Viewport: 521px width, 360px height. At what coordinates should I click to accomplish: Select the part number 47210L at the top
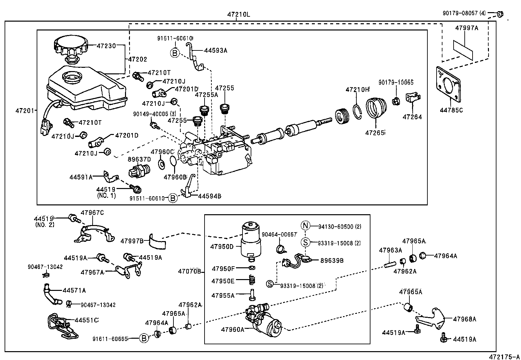[239, 15]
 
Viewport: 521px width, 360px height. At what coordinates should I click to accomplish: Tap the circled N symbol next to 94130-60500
[305, 226]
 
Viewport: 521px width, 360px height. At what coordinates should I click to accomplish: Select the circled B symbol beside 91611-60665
[144, 338]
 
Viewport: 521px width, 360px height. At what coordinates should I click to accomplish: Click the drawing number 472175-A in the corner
[504, 356]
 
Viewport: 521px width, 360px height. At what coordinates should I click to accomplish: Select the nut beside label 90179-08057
[499, 14]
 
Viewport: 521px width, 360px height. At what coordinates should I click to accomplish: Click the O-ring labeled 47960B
[173, 161]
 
